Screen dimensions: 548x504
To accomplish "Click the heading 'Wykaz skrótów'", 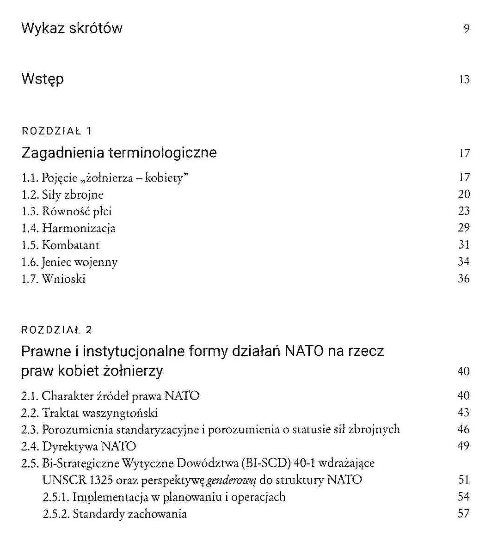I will click(72, 28).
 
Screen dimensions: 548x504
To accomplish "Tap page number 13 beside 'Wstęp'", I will click(464, 79).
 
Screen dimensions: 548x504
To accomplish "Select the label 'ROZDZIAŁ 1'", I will click(57, 131).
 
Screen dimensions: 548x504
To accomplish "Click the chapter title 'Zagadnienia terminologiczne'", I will click(119, 152).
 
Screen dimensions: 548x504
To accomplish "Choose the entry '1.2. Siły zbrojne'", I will click(62, 195).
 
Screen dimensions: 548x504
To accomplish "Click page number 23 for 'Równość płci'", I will click(464, 211).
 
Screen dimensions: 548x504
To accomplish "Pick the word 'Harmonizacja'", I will click(79, 228).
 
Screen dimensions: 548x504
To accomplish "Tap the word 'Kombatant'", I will click(70, 245).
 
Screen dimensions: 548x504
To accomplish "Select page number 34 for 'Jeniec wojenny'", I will click(464, 262).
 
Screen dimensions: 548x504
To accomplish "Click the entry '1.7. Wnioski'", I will click(54, 279).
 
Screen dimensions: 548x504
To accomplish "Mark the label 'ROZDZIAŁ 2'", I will click(57, 329).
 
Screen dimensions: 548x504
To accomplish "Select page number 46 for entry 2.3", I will click(464, 429).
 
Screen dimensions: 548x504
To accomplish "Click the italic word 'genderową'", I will click(231, 480).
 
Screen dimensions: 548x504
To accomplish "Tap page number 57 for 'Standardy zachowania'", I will click(464, 513).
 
